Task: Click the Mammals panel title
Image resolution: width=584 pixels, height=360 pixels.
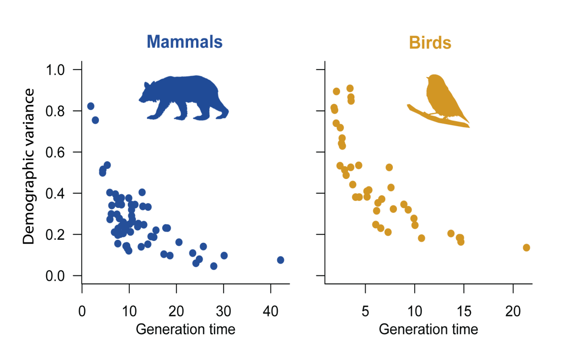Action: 185,42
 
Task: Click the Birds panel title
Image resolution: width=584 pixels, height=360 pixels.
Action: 430,43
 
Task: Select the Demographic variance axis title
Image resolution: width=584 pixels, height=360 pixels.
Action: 29,166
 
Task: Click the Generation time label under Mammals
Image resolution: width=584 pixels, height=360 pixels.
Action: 186,330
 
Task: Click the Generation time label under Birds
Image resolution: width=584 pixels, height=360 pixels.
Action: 428,330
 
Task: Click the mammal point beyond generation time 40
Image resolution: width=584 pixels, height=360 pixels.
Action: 280,260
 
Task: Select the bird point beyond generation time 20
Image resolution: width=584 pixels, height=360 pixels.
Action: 526,247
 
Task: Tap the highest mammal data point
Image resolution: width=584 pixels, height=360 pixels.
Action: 91,106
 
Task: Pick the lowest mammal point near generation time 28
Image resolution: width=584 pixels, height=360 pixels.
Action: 213,266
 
